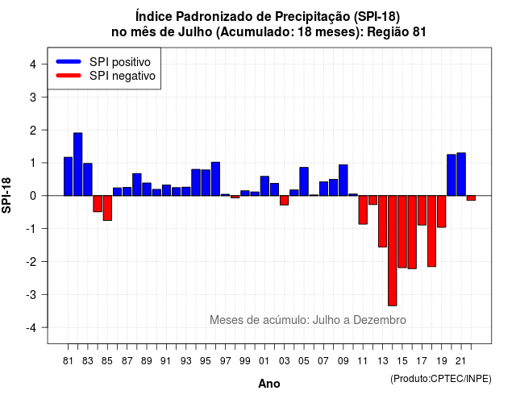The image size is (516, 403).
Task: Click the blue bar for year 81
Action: point(68,177)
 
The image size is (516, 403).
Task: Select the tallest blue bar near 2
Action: point(78,164)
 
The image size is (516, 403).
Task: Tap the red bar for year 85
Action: point(107,208)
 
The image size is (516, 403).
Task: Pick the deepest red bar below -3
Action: point(393,251)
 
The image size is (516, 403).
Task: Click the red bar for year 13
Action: point(382,222)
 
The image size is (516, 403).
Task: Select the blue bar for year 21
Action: point(461,174)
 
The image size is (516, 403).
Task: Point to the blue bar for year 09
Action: point(343,181)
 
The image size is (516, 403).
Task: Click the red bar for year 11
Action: point(363,210)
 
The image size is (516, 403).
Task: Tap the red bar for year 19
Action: point(442,211)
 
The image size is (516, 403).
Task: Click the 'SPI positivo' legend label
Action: point(120,62)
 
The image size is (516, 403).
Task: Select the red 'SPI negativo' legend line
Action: point(69,76)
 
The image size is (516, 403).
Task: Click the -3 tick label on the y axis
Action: point(31,295)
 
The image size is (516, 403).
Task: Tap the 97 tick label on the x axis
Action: point(226,361)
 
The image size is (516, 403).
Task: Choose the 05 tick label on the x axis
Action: point(304,361)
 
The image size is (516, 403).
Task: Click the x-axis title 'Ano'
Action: point(269,384)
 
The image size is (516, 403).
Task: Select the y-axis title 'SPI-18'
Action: point(6,195)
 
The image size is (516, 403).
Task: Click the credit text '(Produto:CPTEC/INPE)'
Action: point(441,379)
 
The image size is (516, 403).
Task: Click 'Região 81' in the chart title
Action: point(397,32)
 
